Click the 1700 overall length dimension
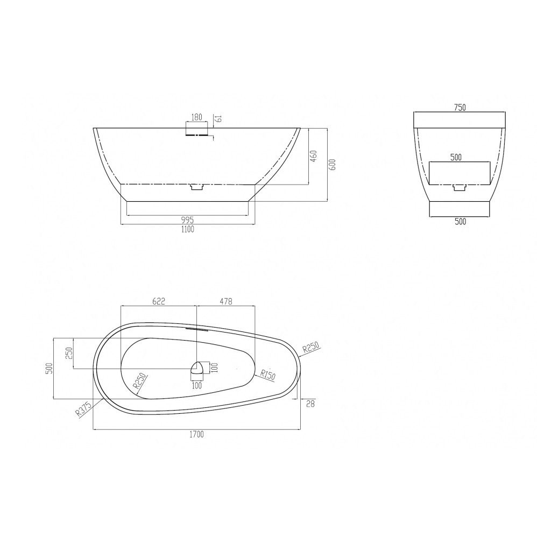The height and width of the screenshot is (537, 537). point(196,434)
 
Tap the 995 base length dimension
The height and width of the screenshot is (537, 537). point(187,220)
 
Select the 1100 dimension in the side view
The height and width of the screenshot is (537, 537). point(187,229)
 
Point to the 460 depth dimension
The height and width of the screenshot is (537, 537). point(313,156)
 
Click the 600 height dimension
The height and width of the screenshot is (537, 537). point(333,165)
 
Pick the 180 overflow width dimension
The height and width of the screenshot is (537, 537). point(196,117)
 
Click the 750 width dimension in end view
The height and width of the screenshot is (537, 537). point(460,107)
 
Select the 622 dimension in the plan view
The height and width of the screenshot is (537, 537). point(159,301)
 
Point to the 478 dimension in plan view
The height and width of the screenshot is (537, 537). point(225,301)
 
